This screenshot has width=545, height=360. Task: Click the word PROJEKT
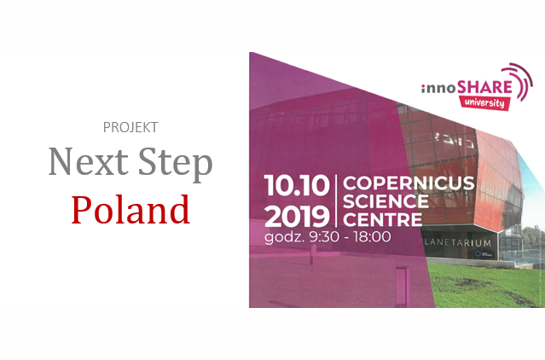[130, 127]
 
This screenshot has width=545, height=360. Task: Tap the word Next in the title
[89, 161]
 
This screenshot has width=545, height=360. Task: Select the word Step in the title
[176, 165]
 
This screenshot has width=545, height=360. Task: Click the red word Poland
[130, 210]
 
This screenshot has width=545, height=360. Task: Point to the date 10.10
[297, 185]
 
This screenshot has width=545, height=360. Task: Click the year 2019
[297, 217]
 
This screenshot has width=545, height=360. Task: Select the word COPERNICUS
[409, 183]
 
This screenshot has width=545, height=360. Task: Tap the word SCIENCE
[386, 201]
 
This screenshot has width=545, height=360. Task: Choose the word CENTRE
[383, 219]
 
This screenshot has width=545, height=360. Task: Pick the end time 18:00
[372, 237]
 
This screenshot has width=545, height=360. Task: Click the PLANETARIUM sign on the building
[455, 243]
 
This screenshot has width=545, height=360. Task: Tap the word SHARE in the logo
[484, 87]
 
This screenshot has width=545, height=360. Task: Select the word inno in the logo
[439, 89]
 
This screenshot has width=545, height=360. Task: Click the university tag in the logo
[484, 103]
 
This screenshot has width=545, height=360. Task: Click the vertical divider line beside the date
[336, 201]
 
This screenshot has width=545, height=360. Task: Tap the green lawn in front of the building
[487, 286]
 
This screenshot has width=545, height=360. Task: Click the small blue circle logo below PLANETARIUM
[478, 254]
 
